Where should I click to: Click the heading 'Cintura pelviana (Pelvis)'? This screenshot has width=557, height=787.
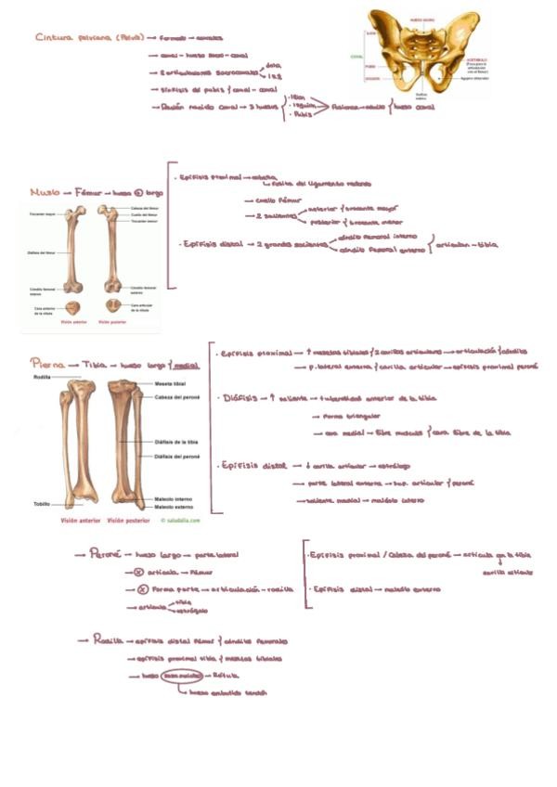(x=89, y=38)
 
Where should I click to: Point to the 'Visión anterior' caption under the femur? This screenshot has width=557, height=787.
(x=72, y=322)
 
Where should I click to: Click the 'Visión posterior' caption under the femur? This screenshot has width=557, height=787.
(x=113, y=322)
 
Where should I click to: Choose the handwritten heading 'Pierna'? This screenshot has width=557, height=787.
(x=47, y=365)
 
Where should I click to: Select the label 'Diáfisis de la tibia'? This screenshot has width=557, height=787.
(x=175, y=442)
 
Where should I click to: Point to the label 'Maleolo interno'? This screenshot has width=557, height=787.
(x=173, y=499)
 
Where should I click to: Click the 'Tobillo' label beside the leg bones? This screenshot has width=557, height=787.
(x=42, y=504)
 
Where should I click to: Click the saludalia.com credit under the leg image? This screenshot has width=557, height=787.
(x=175, y=521)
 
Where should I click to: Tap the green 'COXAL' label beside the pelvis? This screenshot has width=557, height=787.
(x=356, y=56)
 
